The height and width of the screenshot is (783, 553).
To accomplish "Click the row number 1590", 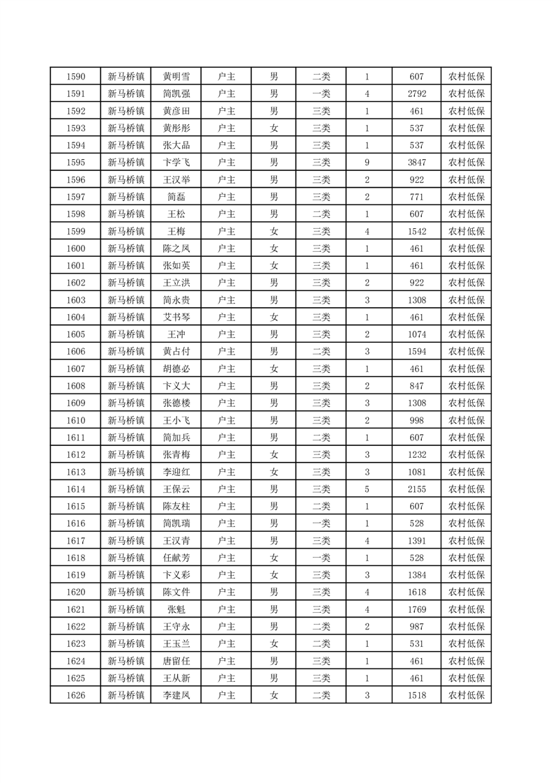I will point(75,77).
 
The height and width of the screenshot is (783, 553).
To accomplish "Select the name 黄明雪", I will point(176,77).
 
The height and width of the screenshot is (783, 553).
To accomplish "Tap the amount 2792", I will point(417,94).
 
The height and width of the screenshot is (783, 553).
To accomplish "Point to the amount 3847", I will point(417,163).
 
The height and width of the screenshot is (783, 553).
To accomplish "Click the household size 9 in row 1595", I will point(367,163).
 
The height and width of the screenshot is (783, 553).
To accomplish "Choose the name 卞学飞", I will point(176,163).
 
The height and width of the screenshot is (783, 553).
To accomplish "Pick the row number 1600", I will point(75,248).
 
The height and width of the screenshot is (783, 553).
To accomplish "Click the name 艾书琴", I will point(176,317).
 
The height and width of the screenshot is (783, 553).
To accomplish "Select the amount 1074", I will point(417,334).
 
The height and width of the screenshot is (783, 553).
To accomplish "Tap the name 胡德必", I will point(176,368).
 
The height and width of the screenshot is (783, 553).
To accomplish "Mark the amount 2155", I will point(417,489).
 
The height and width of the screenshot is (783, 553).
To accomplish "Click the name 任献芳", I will point(176,558).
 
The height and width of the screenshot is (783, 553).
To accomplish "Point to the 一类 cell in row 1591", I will point(321,94).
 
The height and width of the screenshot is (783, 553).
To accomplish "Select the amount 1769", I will point(417,609).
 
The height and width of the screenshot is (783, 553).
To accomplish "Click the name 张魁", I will point(176,609).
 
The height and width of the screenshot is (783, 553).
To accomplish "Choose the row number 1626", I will point(75,695).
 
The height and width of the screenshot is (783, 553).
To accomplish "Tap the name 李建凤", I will point(176,695).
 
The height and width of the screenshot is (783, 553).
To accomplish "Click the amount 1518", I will point(417,695).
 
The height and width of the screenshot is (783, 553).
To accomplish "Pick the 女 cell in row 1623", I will point(274,643).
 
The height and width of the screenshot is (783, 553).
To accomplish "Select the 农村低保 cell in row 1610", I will point(467,420).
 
